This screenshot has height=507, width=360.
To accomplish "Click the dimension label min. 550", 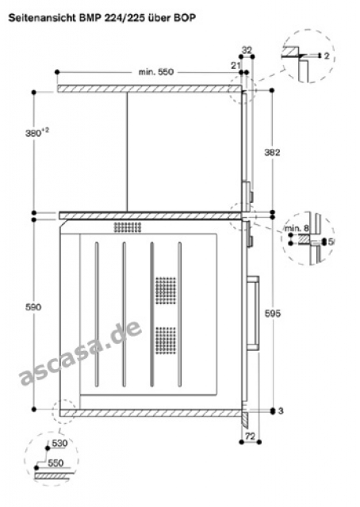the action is click(x=156, y=72).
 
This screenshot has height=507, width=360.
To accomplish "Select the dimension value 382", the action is click(x=272, y=152).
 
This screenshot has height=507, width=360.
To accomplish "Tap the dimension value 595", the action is click(x=273, y=313).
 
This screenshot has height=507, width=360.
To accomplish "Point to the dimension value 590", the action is click(x=33, y=307).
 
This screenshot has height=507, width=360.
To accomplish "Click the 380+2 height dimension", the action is click(x=37, y=132).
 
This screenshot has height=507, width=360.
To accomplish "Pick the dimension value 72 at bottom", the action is click(x=250, y=436).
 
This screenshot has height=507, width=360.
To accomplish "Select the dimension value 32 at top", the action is click(x=247, y=50).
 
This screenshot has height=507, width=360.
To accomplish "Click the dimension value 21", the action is click(x=236, y=66).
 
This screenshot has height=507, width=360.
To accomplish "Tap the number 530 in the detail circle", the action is click(x=59, y=443).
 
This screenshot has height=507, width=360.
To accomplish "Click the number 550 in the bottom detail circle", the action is click(x=56, y=463).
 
